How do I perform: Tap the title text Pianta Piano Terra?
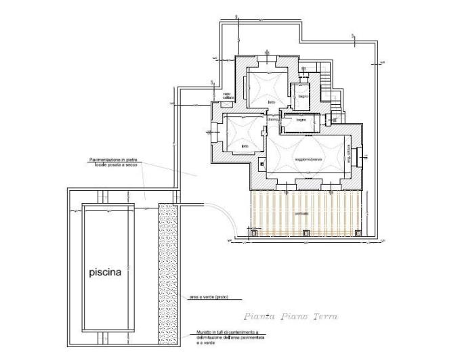click(x=291, y=316)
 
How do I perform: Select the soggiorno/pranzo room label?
click(x=308, y=159)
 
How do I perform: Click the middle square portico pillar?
click(x=306, y=233)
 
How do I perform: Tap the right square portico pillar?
click(x=356, y=233)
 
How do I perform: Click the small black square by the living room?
click(x=261, y=162)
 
